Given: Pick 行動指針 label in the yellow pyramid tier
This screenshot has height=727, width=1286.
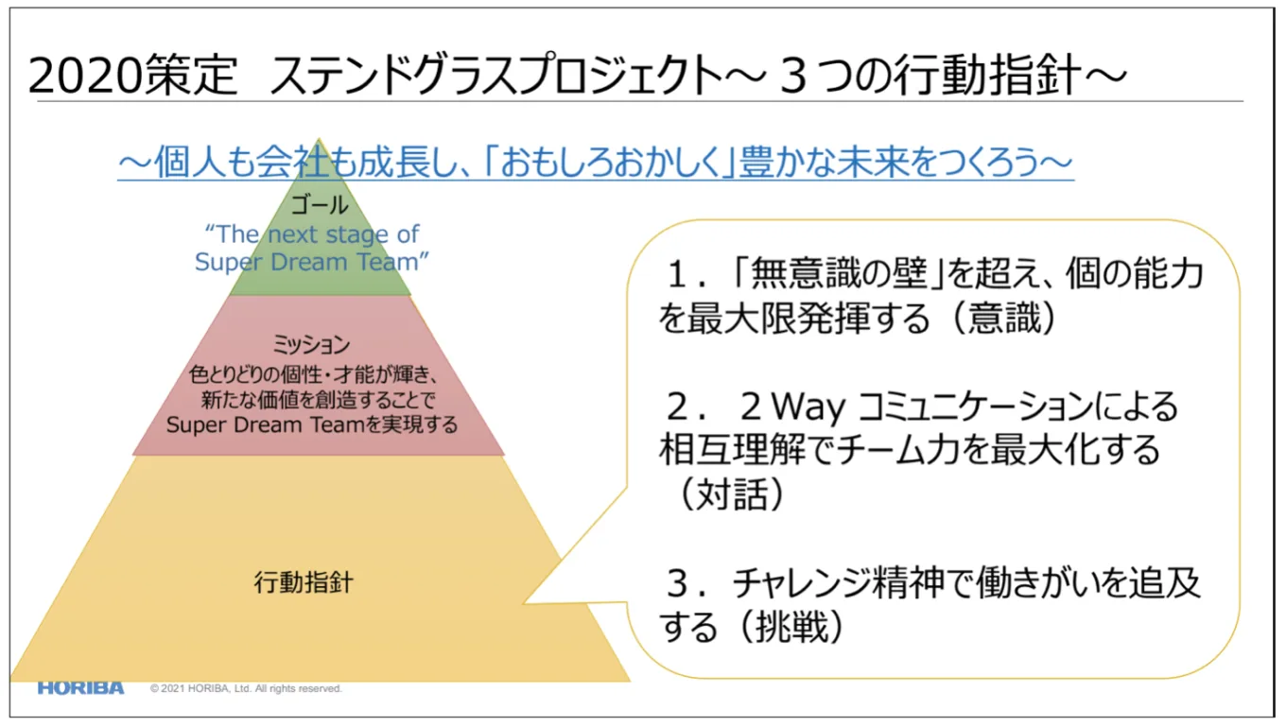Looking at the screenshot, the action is click(x=304, y=581).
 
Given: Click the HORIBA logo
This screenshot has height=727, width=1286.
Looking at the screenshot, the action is click(x=80, y=687).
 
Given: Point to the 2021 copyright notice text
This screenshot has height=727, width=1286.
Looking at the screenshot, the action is click(x=246, y=688).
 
